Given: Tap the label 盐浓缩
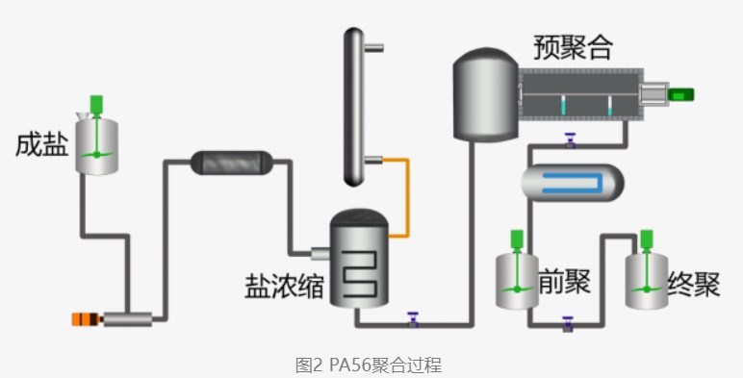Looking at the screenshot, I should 284,285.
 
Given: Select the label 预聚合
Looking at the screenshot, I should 572,46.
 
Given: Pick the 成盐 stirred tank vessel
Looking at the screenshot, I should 97,145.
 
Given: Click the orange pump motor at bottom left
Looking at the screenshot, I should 87,319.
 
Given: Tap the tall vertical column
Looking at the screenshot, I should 355,106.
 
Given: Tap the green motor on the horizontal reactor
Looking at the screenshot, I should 681,93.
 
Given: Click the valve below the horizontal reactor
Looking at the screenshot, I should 570,139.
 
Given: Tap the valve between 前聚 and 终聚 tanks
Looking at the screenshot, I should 569,324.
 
